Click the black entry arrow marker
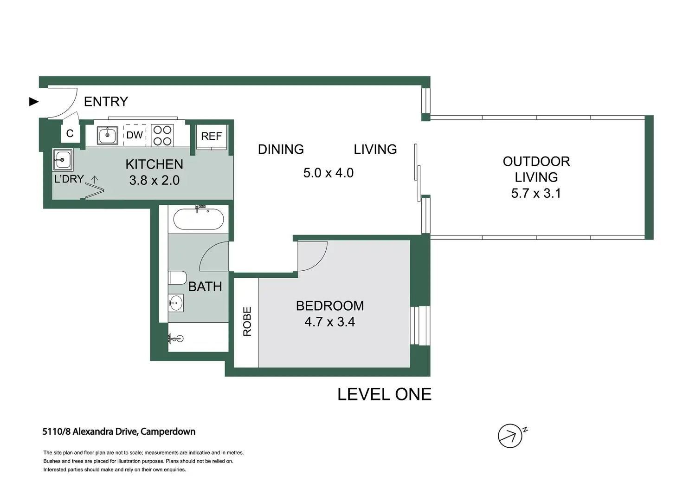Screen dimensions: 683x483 tap(34, 101)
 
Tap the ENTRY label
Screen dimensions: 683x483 tap(106, 102)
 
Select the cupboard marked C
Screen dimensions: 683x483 tap(70, 133)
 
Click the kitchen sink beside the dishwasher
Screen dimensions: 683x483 tap(107, 135)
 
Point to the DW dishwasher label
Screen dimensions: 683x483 tap(135, 135)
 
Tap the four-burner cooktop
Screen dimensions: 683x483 tap(162, 135)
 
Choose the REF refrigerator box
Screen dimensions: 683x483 tap(211, 137)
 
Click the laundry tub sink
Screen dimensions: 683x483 tap(63, 160)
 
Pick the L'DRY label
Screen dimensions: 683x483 tap(69, 179)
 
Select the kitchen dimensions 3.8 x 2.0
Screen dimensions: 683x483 tap(155, 180)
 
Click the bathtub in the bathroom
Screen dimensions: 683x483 tap(199, 219)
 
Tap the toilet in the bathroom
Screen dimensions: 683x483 tap(177, 278)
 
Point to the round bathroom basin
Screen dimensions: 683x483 tap(176, 303)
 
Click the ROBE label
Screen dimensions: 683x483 tap(247, 321)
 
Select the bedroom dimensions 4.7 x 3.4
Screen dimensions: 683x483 tap(329, 322)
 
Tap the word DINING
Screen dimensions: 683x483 tap(281, 150)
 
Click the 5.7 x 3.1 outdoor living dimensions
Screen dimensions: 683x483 tap(536, 194)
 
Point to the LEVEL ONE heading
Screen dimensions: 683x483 tap(384, 394)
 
